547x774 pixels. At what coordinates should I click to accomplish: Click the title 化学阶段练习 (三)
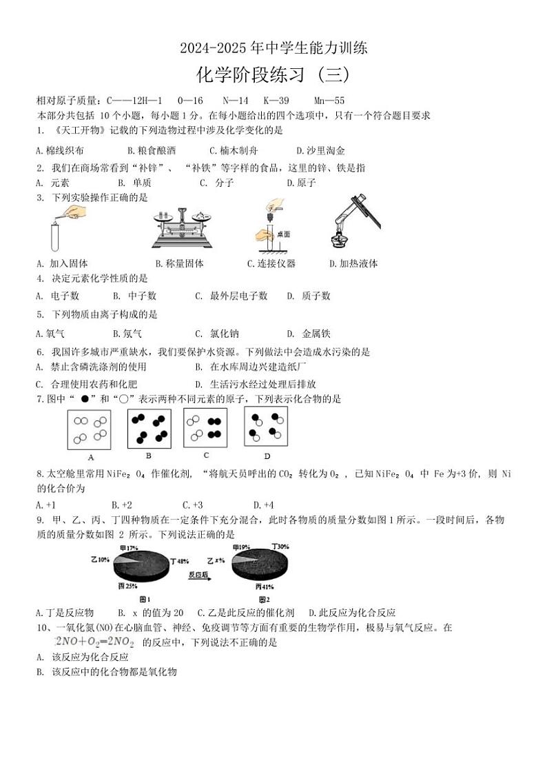273,74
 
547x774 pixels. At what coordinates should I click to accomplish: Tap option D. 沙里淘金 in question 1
320,150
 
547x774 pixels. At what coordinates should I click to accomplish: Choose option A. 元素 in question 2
52,183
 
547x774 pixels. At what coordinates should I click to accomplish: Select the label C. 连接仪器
271,263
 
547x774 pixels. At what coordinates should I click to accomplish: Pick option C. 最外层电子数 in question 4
231,296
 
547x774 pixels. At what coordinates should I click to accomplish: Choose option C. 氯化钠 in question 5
217,334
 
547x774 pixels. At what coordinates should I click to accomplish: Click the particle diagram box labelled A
90,429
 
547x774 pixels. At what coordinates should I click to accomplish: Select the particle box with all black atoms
149,428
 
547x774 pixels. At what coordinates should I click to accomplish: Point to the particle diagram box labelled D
266,427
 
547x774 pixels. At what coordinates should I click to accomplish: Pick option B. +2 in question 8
122,505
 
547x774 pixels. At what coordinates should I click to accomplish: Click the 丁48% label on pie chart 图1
188,560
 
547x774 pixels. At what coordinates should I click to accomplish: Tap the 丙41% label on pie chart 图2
265,587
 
